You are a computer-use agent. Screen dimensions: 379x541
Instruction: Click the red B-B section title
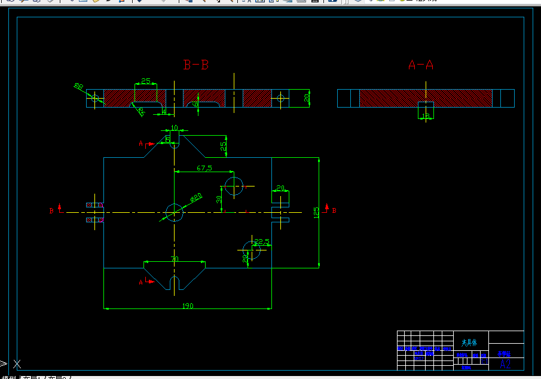[x=195, y=65]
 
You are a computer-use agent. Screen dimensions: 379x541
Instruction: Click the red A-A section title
[x=420, y=65]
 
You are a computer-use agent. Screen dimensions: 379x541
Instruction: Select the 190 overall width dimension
[x=187, y=305]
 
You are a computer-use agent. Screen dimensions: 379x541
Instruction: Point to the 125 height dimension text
[x=316, y=213]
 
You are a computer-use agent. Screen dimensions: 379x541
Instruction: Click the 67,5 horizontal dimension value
[x=204, y=169]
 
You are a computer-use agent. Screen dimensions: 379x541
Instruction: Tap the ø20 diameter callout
[x=196, y=197]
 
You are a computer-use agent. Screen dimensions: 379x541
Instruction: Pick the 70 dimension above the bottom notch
[x=175, y=259]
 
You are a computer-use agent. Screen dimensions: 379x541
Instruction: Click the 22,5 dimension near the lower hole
[x=262, y=242]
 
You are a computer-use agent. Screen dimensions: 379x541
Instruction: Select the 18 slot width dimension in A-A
[x=426, y=116]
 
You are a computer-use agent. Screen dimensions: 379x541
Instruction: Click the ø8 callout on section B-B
[x=78, y=87]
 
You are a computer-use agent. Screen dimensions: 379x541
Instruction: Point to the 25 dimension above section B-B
[x=145, y=81]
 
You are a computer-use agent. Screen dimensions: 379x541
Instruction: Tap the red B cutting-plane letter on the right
[x=334, y=210]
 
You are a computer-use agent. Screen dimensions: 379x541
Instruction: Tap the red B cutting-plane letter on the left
[x=51, y=210]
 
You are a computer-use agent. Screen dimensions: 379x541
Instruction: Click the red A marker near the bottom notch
[x=141, y=282]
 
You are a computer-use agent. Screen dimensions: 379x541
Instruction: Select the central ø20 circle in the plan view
[x=174, y=212]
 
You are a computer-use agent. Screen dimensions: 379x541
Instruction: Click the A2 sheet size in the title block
[x=505, y=363]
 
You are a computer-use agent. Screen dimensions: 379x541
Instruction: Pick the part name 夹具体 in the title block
[x=469, y=343]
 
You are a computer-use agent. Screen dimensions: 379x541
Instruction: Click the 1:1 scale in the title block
[x=484, y=360]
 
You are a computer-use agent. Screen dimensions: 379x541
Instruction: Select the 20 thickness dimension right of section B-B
[x=307, y=97]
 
